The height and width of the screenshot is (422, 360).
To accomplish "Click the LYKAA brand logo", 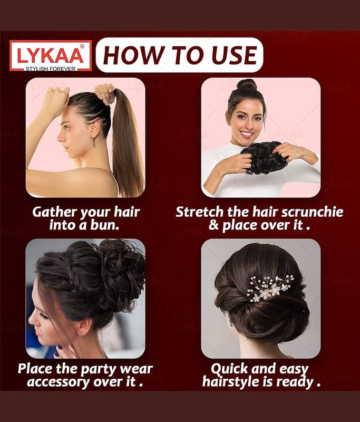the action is tap(51, 56).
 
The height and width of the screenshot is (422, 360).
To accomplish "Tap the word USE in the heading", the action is tap(234, 55).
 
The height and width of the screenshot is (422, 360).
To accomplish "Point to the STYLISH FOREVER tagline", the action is tap(51, 69).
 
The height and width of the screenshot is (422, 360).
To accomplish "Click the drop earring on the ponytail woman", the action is tap(93, 141).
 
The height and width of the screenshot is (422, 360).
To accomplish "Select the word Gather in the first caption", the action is tap(55, 213).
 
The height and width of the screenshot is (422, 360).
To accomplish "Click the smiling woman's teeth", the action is tap(247, 133).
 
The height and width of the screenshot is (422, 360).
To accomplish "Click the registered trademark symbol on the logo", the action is tap(82, 46).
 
